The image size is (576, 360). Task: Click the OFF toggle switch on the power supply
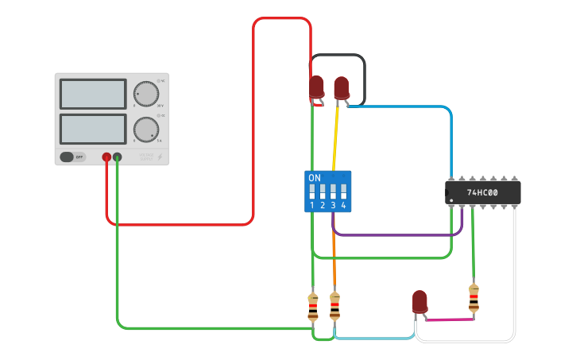[x=72, y=157]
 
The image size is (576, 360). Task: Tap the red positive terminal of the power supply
[x=106, y=158]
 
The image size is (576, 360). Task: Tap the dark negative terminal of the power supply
[x=118, y=158]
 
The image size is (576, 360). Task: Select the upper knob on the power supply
[x=145, y=93]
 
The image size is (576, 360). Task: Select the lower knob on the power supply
[x=145, y=129]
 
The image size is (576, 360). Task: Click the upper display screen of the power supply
[x=92, y=94]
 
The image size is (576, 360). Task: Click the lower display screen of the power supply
[x=92, y=129]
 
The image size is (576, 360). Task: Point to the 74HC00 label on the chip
[x=481, y=192]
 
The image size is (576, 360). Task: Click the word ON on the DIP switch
[x=315, y=178]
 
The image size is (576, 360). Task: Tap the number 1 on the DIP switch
[x=312, y=206]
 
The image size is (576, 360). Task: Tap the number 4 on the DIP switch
[x=343, y=206]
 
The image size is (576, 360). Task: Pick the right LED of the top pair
[x=342, y=87]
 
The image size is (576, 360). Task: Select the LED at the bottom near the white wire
[x=419, y=302]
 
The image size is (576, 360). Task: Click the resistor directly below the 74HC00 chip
[x=474, y=298]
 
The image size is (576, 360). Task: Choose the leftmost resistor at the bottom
[x=313, y=307]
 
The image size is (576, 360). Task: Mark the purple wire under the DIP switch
[x=397, y=235]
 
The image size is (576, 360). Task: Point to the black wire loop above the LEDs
[x=338, y=55]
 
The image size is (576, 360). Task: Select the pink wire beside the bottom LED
[x=449, y=320]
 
